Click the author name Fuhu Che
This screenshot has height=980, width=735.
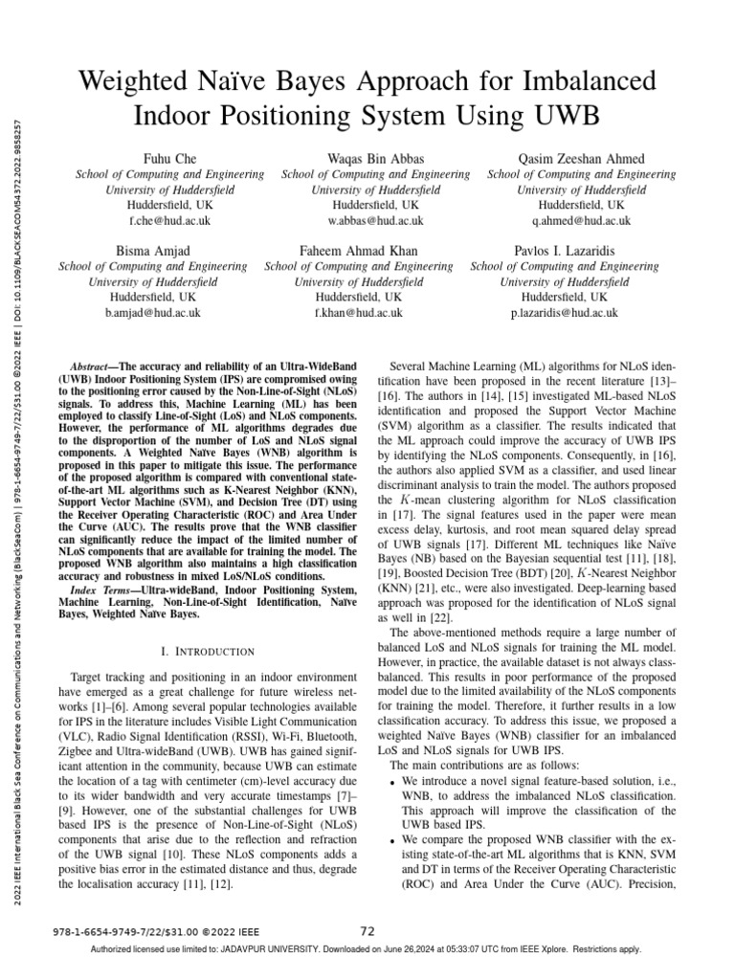click(169, 159)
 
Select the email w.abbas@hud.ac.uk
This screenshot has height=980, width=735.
click(375, 221)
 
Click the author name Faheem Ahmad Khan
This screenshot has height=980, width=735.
click(359, 251)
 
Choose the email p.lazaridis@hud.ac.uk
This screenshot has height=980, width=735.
click(565, 313)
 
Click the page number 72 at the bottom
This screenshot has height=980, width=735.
click(367, 930)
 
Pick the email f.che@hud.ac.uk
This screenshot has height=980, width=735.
click(169, 221)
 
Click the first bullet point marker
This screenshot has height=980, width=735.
click(396, 783)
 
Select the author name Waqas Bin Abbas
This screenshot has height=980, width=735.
click(375, 159)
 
